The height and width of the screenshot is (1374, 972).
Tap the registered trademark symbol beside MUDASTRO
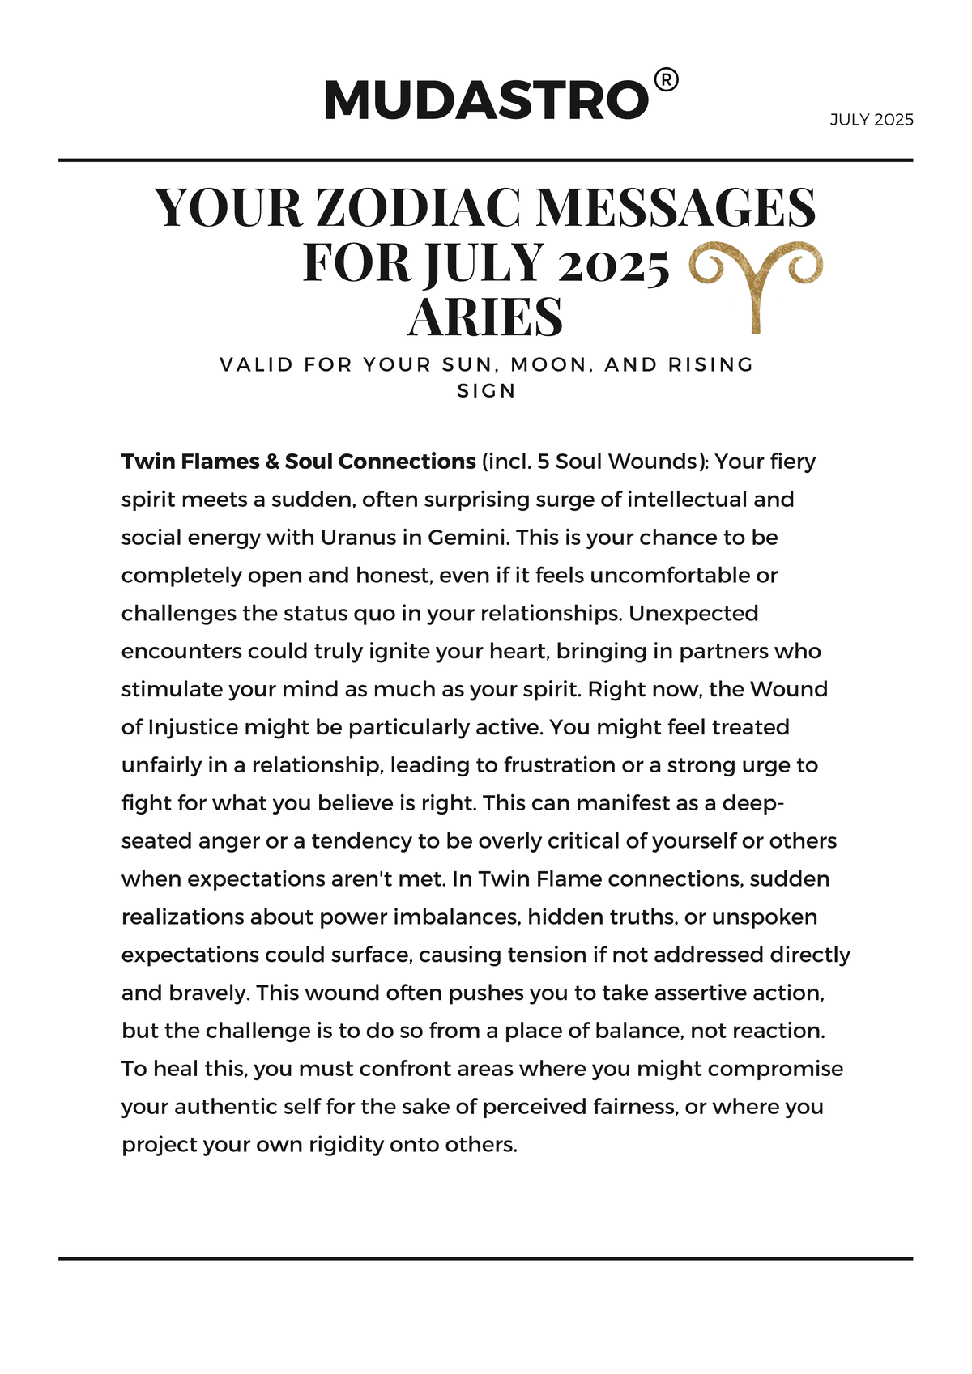pyautogui.click(x=666, y=80)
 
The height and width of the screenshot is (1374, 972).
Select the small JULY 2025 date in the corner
pyautogui.click(x=872, y=120)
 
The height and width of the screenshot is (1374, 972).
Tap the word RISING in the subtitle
pyautogui.click(x=711, y=364)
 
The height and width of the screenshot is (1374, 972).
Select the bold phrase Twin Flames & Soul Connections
pyautogui.click(x=298, y=462)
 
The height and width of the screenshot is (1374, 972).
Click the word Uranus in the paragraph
pyautogui.click(x=355, y=538)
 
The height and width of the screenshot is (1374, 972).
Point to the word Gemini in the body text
pyautogui.click(x=468, y=538)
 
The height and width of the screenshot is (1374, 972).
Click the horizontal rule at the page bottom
pyautogui.click(x=486, y=1258)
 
